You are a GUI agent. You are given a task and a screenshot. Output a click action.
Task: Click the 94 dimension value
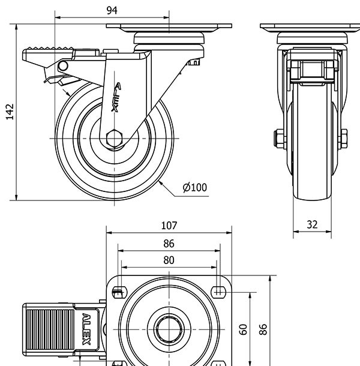tap(112, 10)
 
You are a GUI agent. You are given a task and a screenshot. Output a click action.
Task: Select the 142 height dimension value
tap(10, 112)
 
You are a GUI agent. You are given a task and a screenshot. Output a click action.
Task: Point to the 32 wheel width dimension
tap(312, 224)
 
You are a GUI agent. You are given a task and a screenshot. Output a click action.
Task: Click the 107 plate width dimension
tap(169, 226)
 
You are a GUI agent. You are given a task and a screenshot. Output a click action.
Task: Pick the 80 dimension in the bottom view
tap(169, 260)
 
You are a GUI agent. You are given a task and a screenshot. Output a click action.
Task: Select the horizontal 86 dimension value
tap(169, 243)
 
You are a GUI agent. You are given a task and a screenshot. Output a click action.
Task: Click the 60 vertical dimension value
tap(243, 329)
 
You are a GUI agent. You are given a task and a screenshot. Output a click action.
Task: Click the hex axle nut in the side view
tap(114, 138)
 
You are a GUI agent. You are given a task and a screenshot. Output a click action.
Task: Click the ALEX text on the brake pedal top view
tap(86, 329)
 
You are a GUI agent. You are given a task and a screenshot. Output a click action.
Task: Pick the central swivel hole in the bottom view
tap(169, 329)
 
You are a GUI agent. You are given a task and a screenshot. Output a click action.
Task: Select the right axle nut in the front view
tap(344, 139)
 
